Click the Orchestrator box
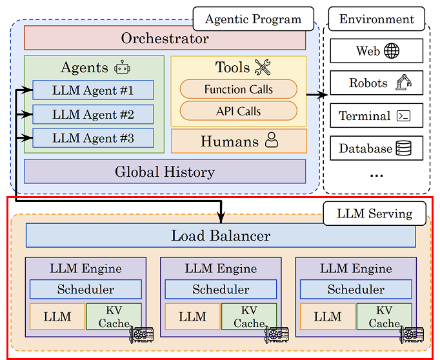(x=165, y=38)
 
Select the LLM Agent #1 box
(x=93, y=90)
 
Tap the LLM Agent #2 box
(x=93, y=114)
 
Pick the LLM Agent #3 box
(x=93, y=138)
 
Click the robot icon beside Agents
(x=122, y=67)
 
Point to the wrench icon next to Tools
(x=263, y=67)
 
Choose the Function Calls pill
(x=239, y=89)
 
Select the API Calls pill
(x=239, y=111)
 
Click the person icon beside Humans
(x=272, y=140)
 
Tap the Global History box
(x=165, y=172)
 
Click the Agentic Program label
(x=254, y=19)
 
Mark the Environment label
(x=377, y=19)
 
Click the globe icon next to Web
(x=392, y=51)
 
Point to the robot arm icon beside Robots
(x=403, y=82)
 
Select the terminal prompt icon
(x=403, y=115)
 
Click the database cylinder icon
(x=403, y=148)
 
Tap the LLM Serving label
(x=375, y=214)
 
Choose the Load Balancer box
(x=221, y=235)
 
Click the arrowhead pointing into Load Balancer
(x=221, y=217)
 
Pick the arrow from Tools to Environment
(x=317, y=95)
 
